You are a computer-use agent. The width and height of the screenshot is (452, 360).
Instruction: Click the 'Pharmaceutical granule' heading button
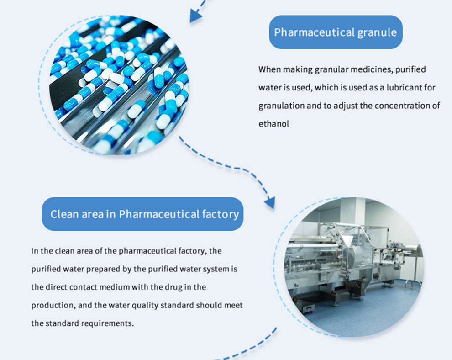point(336,32)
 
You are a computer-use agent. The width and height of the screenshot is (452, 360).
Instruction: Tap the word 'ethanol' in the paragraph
point(273,124)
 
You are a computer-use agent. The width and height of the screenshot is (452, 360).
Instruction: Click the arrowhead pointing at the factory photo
point(270,202)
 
